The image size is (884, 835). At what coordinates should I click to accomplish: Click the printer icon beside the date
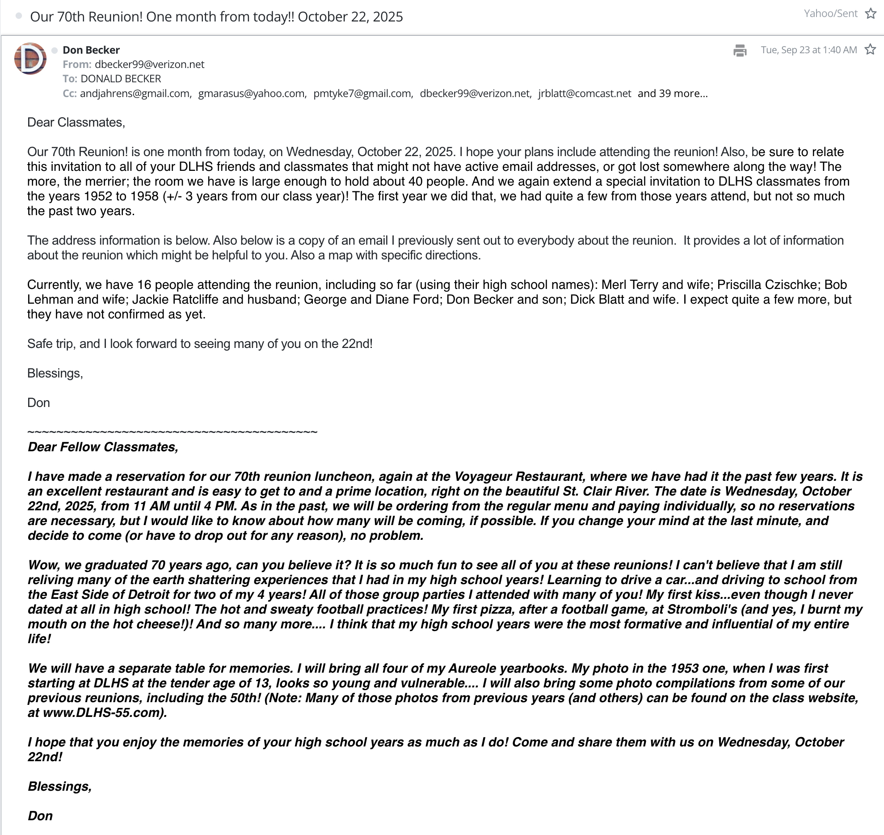(740, 51)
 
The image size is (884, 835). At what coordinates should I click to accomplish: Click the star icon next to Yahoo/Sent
(871, 14)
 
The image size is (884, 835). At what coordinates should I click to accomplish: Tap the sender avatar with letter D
(30, 59)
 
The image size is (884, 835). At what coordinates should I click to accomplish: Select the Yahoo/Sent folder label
(830, 14)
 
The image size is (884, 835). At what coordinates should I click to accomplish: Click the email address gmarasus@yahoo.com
(252, 93)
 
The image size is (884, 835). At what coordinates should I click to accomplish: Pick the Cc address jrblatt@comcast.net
(585, 93)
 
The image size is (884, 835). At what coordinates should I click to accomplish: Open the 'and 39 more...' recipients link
(672, 93)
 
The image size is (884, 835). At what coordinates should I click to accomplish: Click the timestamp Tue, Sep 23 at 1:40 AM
(808, 50)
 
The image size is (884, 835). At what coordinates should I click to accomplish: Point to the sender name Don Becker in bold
(91, 50)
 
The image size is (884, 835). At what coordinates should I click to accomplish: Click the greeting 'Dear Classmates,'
(76, 123)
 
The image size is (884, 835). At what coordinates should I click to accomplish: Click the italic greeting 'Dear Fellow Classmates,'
(103, 447)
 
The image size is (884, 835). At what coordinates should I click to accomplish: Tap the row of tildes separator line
(172, 432)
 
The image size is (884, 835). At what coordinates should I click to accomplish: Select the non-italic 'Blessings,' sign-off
(55, 373)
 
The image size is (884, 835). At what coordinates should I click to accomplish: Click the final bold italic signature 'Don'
(40, 816)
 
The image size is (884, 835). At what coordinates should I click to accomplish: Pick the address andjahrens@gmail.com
(135, 93)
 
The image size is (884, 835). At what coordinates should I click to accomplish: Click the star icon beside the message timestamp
(870, 50)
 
